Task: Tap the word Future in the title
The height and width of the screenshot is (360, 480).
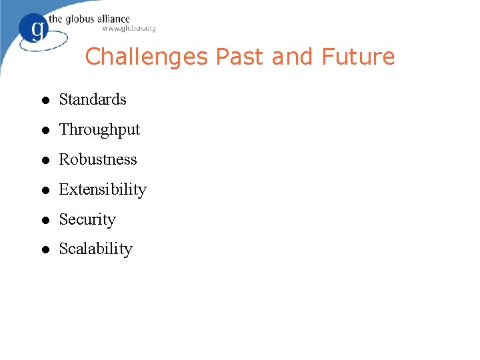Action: tap(358, 57)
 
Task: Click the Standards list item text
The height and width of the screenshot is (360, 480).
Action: tap(93, 99)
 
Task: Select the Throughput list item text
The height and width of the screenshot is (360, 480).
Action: tap(99, 130)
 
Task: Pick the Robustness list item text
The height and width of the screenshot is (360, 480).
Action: tap(98, 159)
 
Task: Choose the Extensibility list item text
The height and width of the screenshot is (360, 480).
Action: tap(103, 189)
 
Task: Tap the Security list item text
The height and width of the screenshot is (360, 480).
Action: tap(87, 220)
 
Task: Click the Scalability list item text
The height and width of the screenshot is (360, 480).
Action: tap(96, 249)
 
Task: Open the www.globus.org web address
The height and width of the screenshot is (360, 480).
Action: tap(129, 29)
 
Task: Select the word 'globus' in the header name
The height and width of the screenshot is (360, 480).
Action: tap(79, 19)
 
